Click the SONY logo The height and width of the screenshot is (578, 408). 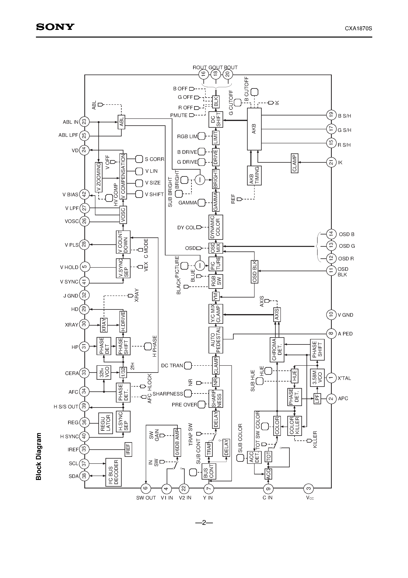55,27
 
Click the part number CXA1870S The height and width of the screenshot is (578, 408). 358,28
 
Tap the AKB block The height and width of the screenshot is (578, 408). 254,129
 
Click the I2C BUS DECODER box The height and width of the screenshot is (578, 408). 113,472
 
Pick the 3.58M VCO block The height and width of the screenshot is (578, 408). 317,378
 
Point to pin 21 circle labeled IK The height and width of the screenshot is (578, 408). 331,162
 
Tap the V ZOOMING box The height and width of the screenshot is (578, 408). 99,177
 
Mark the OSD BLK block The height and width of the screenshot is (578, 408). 254,271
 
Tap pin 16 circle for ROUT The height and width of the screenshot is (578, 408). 203,74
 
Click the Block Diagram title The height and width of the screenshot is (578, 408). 39,456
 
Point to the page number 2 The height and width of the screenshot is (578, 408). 204,523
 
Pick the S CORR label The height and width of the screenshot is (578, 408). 154,159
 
